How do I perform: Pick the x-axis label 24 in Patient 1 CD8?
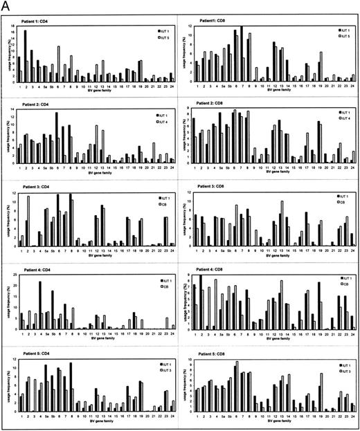point(352,88)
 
